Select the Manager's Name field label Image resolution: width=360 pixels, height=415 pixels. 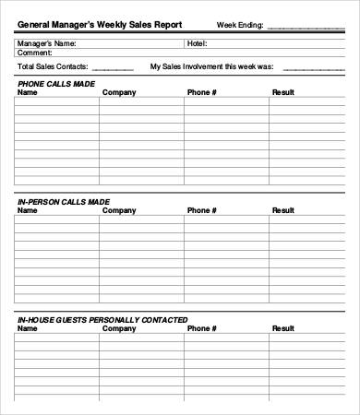tap(47, 43)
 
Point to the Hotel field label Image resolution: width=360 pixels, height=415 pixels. tap(198, 43)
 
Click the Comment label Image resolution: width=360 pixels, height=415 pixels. tap(35, 53)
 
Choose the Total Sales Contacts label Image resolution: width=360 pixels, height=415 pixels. tap(53, 67)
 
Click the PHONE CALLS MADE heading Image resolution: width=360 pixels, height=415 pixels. tap(54, 84)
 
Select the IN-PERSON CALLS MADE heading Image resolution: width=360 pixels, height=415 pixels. tap(64, 201)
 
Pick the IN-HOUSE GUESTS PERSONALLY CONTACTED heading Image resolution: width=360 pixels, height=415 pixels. tap(102, 319)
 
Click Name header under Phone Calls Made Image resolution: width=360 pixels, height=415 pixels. tap(28, 93)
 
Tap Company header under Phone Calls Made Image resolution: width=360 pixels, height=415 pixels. tap(119, 93)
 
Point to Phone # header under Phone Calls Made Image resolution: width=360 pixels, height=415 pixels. tap(202, 93)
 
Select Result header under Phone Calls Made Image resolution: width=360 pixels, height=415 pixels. tap(283, 93)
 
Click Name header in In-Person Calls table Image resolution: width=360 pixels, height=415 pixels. tap(28, 210)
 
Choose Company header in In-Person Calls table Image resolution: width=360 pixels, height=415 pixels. tap(119, 210)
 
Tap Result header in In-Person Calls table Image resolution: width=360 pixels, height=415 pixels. tap(283, 210)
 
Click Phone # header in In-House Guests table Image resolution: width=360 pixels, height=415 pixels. tap(202, 328)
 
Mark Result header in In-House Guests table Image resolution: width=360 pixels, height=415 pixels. tap(283, 328)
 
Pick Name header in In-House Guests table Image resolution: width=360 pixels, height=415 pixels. tap(28, 328)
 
